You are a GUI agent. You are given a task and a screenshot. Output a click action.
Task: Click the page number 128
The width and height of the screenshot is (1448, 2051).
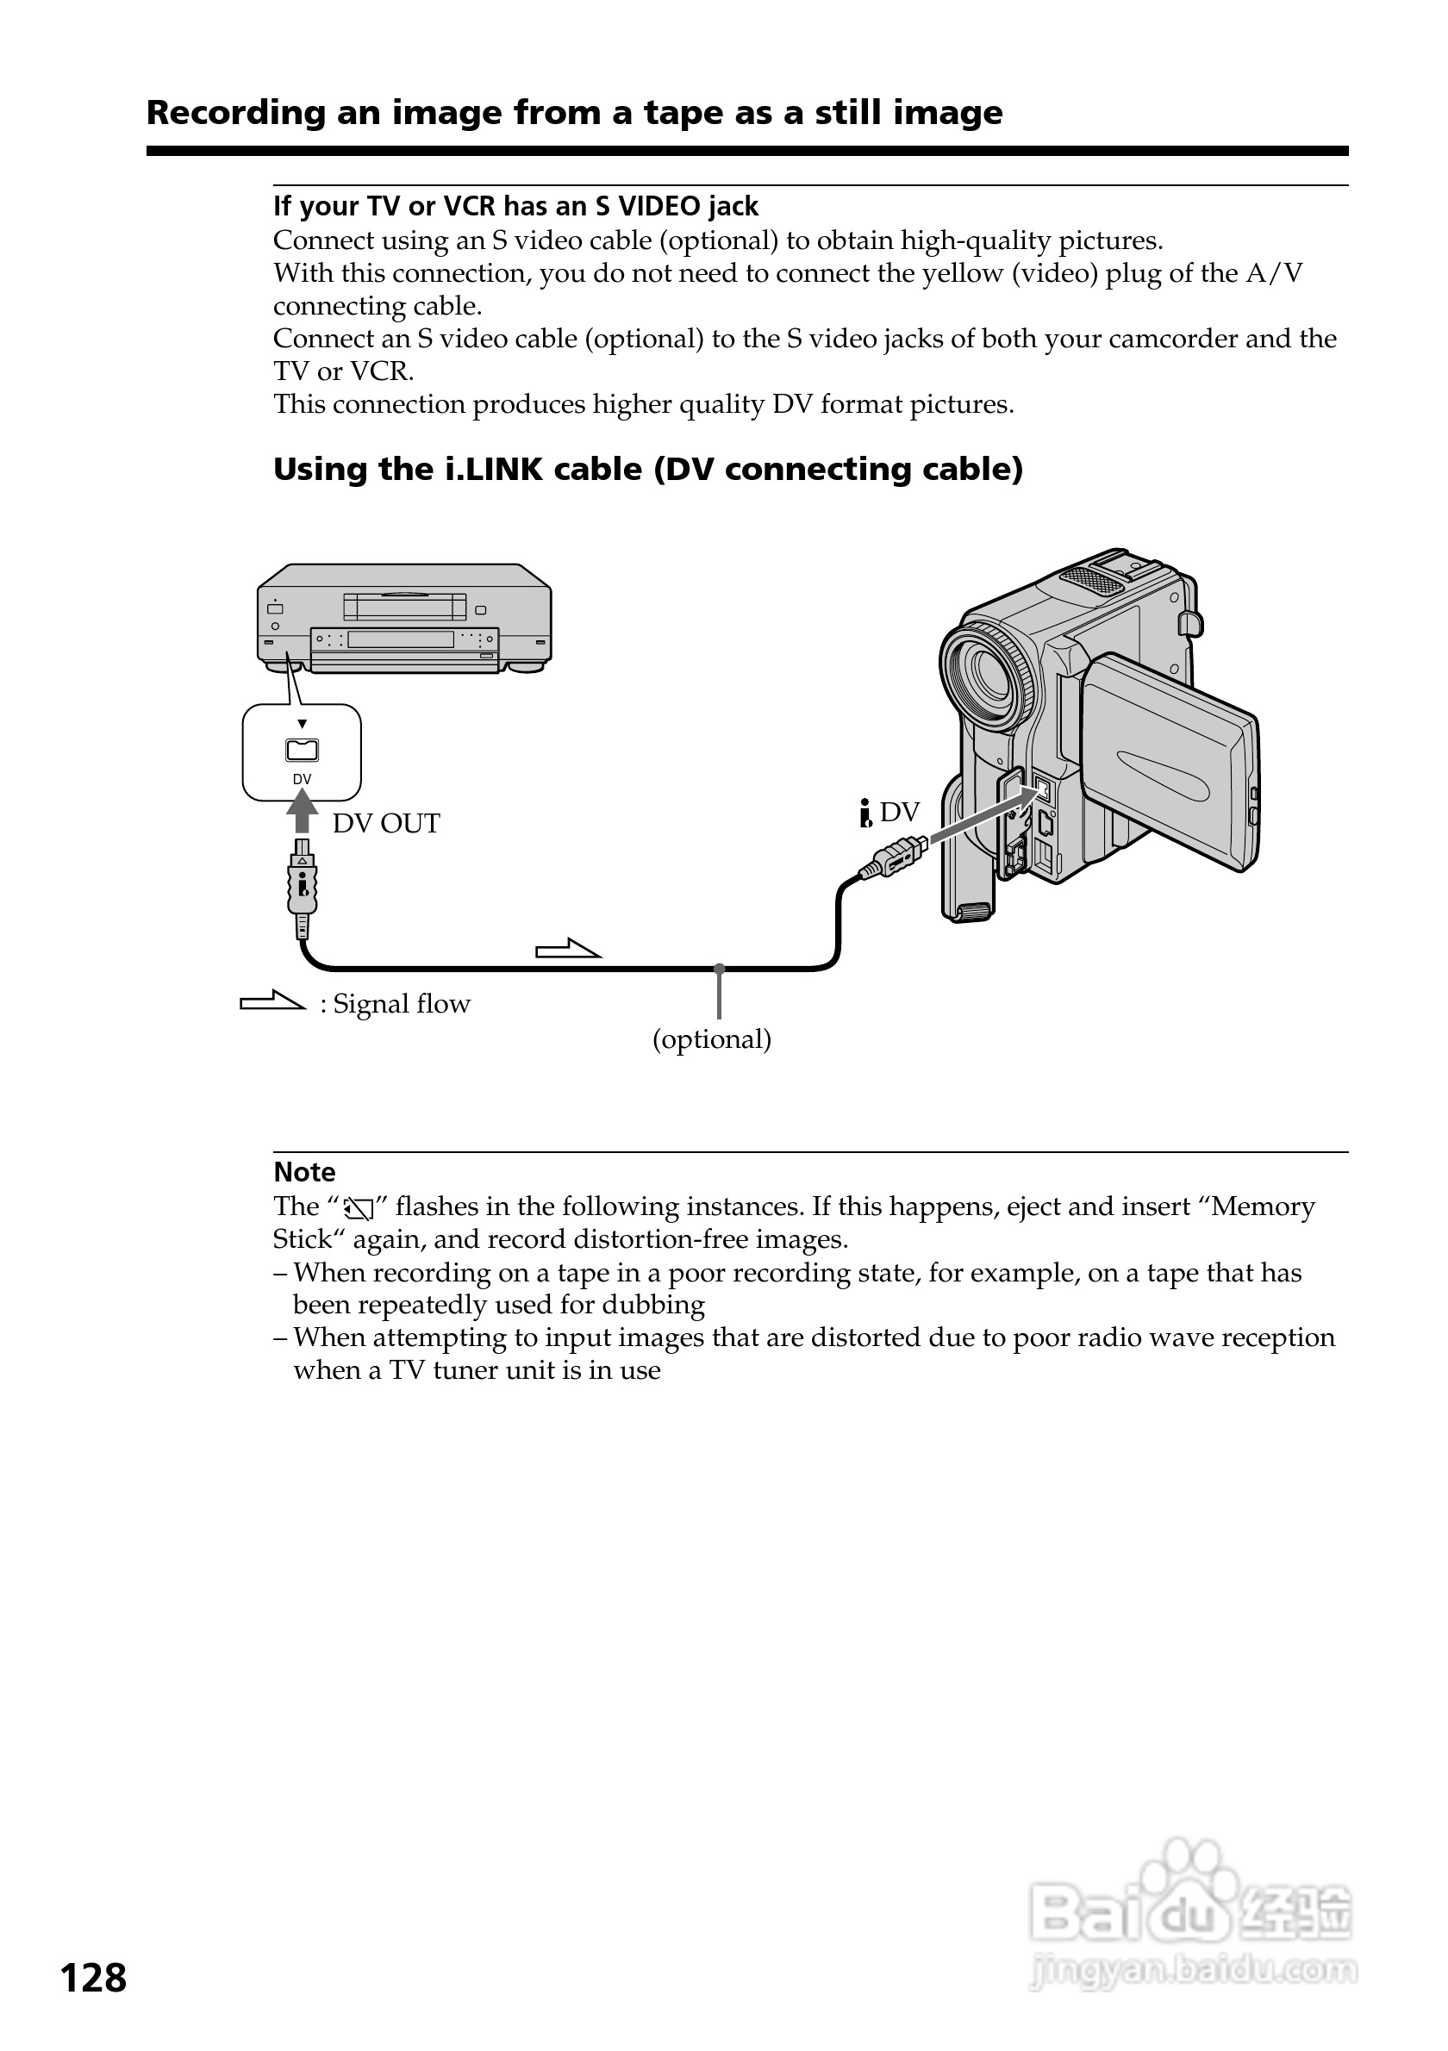(93, 1979)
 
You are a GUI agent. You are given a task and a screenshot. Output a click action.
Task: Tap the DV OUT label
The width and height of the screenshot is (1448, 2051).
(386, 824)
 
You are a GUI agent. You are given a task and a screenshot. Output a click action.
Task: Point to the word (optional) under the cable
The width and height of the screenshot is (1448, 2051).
(712, 1040)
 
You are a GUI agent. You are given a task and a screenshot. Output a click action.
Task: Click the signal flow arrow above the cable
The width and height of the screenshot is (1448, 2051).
(568, 949)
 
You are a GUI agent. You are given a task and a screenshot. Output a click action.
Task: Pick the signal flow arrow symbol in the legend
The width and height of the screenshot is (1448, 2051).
(272, 1001)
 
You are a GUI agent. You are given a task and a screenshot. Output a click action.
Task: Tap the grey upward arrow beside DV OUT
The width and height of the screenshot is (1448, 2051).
(303, 812)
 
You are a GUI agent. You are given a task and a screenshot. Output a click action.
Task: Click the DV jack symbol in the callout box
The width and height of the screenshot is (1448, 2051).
(302, 751)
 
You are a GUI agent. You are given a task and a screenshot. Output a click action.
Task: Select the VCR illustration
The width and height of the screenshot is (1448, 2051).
(403, 618)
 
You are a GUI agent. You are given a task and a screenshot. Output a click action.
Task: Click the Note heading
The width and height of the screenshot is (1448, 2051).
(304, 1172)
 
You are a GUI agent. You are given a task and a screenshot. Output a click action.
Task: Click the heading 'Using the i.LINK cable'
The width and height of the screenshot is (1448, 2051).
(647, 469)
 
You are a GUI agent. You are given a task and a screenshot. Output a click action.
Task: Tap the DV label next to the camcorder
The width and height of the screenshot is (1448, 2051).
(899, 812)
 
